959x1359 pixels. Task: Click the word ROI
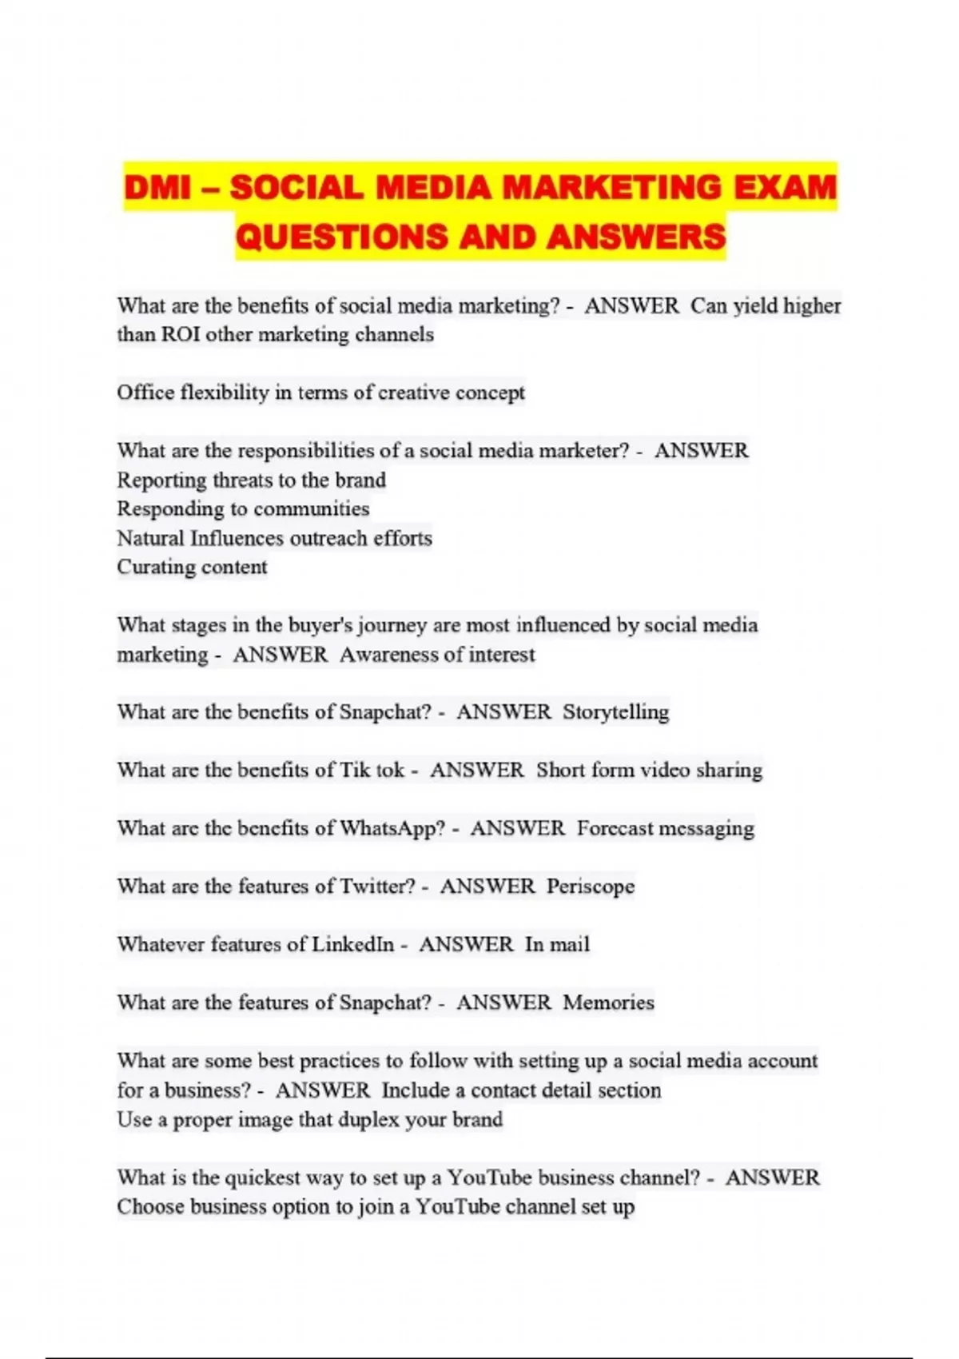point(181,334)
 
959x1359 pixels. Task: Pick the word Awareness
point(388,655)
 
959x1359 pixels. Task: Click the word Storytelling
point(615,712)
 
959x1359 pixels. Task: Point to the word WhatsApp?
point(392,828)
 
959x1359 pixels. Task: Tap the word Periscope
point(591,887)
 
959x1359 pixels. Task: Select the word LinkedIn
point(352,944)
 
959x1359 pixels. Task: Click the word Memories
point(608,1002)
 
